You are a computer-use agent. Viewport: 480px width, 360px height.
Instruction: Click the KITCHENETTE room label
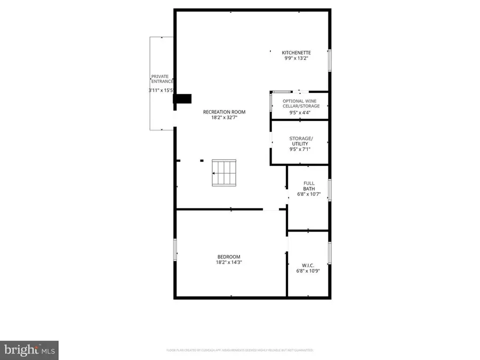point(297,52)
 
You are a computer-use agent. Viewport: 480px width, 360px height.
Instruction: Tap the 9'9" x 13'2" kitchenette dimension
point(297,59)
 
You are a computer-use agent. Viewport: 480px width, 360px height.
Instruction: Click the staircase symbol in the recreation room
point(223,173)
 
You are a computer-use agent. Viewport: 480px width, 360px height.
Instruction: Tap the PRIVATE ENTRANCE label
point(162,79)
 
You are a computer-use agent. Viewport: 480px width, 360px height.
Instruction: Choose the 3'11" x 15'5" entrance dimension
point(161,91)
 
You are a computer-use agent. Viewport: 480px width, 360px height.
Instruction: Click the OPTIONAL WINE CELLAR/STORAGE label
point(300,103)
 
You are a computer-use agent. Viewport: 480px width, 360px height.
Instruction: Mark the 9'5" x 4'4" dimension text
point(300,113)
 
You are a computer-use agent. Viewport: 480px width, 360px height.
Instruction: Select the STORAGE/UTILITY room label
point(301,141)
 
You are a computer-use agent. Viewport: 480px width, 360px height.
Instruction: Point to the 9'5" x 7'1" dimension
point(300,149)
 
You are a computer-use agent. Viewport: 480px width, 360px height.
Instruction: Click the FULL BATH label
point(309,186)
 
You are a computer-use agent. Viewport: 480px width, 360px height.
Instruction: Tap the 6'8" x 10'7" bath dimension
point(308,194)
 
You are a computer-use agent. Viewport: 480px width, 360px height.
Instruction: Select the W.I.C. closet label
point(308,265)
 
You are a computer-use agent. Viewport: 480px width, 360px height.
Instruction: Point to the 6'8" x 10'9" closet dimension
point(308,271)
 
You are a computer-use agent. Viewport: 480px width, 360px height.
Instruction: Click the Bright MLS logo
point(29,350)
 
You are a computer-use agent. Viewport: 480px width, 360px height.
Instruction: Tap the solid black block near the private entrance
point(183,99)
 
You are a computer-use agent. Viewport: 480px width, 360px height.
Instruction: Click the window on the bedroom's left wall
point(175,250)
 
